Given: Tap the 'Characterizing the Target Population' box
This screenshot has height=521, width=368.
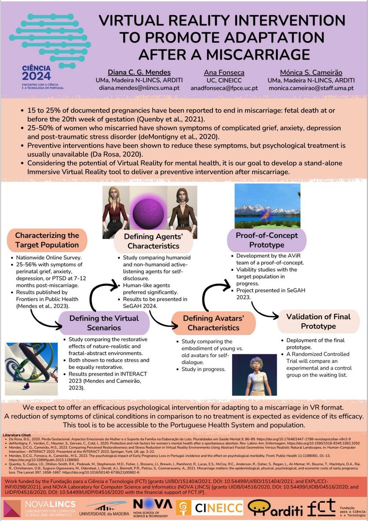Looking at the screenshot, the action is (47, 240).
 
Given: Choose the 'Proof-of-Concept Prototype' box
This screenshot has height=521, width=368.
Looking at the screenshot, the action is (266, 240).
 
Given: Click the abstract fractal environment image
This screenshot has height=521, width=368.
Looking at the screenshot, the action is (30, 366).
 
